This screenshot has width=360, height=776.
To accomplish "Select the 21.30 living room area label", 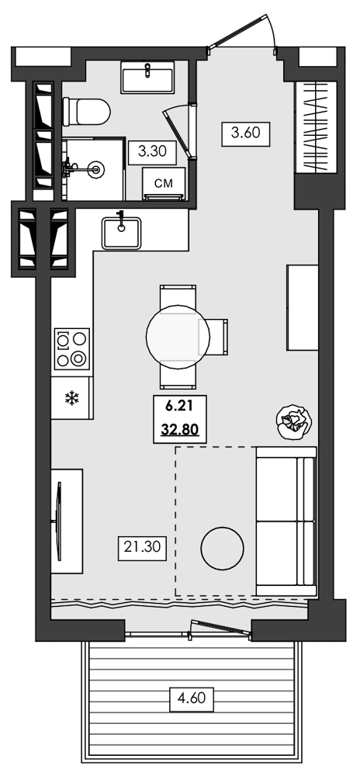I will tap(141, 548).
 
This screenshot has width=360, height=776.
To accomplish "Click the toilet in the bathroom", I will tap(88, 111).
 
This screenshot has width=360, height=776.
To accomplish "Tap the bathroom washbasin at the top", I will tap(147, 79).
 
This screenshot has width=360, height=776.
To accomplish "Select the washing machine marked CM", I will tap(164, 185).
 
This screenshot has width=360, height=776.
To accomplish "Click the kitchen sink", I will tap(121, 231).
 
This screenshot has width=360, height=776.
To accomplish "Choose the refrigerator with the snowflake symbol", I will tap(72, 398).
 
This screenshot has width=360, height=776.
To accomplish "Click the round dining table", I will tap(178, 336).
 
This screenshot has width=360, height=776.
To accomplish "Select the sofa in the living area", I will tap(286, 521).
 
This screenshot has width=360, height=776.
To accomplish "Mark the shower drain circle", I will tap(95, 166).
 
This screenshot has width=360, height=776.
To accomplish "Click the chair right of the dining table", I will tap(219, 336).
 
